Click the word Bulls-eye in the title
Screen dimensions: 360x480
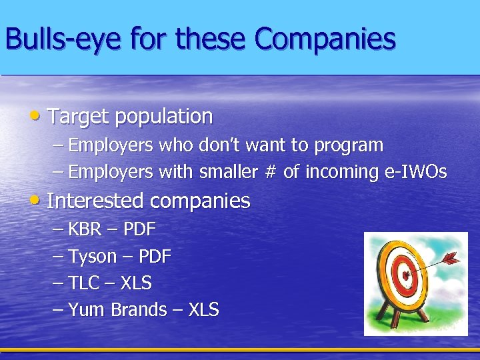pos(64,39)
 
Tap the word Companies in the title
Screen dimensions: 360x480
pos(325,39)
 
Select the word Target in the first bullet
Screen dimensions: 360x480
pos(78,117)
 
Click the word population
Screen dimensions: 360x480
pos(163,117)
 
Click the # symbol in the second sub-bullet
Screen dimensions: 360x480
pos(270,172)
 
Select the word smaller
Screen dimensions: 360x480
pos(226,172)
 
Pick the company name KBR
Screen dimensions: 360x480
pos(85,230)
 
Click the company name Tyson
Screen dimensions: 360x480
pos(93,257)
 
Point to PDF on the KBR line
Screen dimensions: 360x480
pos(139,230)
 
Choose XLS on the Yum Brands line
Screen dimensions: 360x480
pos(203,310)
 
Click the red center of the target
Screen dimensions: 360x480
pos(403,273)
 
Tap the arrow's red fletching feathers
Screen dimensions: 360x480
pos(451,256)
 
